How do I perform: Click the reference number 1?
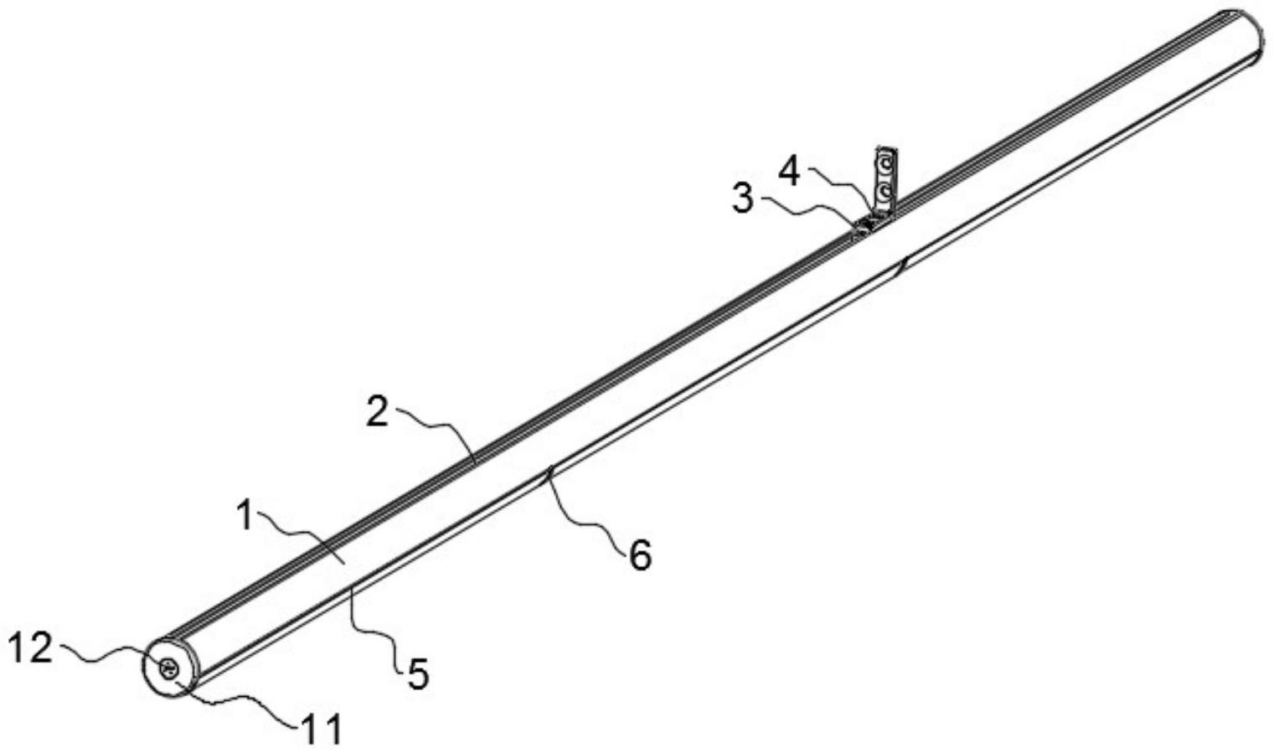245,516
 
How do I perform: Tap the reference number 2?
379,412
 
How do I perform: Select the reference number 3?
743,200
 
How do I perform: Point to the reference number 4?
789,172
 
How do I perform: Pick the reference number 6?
640,555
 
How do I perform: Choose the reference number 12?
30,647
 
